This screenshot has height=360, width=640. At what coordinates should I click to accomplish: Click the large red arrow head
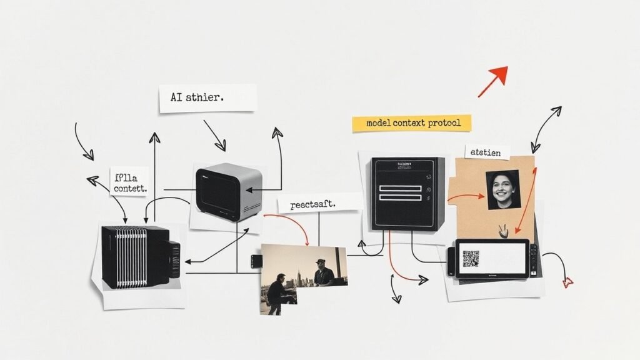[x=498, y=75]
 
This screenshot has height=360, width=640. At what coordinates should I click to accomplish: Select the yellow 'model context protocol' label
[x=411, y=123]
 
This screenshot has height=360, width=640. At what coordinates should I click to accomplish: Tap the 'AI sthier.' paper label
[x=207, y=98]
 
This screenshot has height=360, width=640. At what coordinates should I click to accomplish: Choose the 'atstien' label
[x=487, y=152]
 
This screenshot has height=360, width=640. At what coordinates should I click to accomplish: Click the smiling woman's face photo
[x=502, y=189]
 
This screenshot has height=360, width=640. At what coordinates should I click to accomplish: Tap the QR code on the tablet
[x=471, y=258]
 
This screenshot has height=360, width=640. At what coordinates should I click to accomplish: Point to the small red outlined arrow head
[x=568, y=282]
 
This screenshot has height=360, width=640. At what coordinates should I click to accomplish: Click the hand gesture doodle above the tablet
[x=501, y=230]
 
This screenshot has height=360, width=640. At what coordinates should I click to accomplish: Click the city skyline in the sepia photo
[x=299, y=275]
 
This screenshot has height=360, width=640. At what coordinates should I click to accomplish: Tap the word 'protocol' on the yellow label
[x=444, y=123]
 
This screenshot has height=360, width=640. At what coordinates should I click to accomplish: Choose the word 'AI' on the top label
[x=177, y=98]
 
